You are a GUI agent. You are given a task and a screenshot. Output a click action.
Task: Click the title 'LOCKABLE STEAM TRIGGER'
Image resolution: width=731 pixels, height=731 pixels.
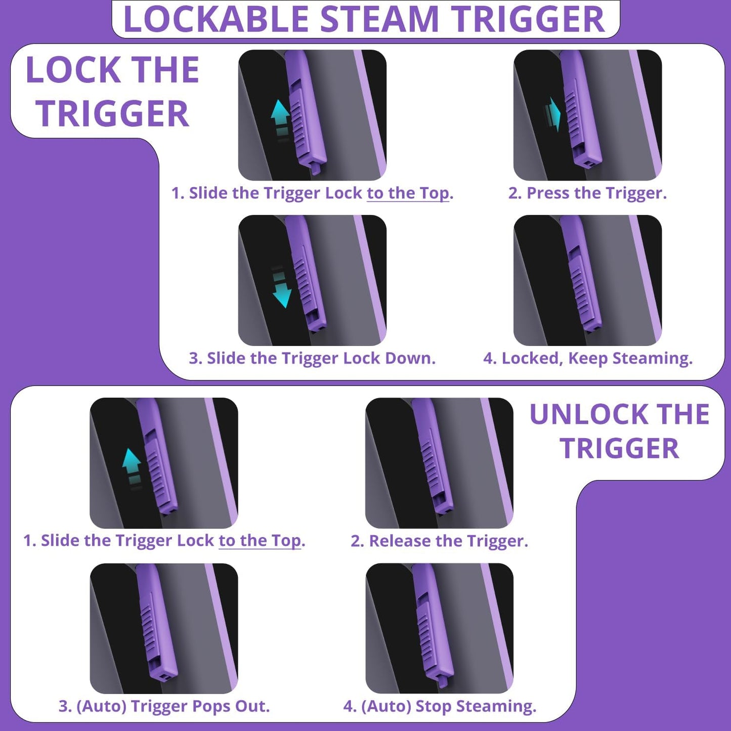(x=364, y=19)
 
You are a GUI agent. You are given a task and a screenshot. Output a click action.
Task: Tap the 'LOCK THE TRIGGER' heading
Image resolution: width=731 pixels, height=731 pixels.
(x=112, y=92)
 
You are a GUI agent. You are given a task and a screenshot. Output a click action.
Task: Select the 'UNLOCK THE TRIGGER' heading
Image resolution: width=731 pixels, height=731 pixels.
(x=619, y=432)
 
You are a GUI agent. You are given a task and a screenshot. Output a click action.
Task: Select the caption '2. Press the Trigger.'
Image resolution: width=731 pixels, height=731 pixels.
(x=587, y=193)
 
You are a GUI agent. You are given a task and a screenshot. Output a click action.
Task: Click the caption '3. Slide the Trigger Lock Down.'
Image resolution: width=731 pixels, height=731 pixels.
(x=312, y=358)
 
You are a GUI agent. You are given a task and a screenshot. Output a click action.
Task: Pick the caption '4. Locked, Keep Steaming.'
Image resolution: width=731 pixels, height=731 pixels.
(x=587, y=358)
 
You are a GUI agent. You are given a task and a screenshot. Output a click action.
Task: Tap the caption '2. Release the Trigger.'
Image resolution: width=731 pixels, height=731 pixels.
(x=439, y=541)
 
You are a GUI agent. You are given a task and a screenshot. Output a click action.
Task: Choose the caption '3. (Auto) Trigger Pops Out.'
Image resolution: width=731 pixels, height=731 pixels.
(x=164, y=706)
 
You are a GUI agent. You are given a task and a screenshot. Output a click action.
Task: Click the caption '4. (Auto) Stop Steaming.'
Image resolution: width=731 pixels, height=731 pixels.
(x=439, y=706)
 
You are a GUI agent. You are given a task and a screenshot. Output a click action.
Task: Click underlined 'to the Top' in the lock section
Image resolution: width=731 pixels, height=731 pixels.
(x=408, y=193)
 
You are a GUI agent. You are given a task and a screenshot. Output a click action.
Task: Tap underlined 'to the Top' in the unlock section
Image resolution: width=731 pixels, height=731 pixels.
(x=260, y=540)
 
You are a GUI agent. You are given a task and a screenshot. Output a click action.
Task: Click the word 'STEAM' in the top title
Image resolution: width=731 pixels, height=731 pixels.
(x=379, y=19)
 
